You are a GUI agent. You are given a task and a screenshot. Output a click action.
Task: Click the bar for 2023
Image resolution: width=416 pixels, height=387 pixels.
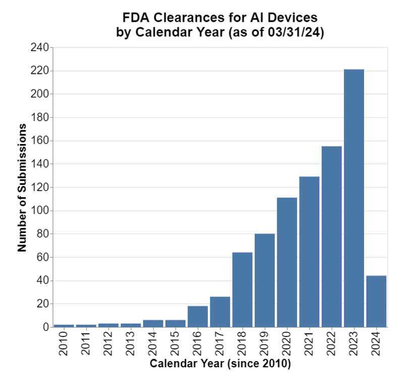coord(354,198)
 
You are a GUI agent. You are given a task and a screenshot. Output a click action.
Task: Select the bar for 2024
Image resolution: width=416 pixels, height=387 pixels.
coord(376,301)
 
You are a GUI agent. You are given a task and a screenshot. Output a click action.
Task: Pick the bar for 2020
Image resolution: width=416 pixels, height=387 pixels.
coord(287,262)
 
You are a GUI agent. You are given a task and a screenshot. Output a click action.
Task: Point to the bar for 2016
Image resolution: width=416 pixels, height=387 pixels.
coord(198,316)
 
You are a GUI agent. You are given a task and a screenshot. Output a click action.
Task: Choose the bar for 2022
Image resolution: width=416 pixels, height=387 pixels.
coord(331,236)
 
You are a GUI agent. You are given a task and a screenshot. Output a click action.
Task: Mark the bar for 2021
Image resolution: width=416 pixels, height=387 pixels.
coord(309,252)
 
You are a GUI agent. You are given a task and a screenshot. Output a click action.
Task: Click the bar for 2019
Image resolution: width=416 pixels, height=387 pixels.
coord(265,280)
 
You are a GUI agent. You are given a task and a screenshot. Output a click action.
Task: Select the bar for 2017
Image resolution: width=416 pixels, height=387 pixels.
coord(220,312)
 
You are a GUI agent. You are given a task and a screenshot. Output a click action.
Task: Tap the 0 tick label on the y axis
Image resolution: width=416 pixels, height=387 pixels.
coord(45,327)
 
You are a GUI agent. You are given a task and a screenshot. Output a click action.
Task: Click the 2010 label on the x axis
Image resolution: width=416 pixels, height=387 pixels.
coord(64,344)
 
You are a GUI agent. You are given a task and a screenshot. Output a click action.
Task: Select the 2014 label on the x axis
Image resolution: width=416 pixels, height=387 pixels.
coord(153,344)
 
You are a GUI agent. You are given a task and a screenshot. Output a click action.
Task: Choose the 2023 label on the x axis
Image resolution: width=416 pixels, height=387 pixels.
coord(354,344)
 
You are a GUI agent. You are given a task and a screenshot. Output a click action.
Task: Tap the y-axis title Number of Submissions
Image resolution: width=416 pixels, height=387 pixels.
coord(22,187)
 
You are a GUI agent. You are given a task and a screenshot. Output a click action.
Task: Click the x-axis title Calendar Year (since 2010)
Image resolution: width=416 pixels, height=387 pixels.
coord(220,364)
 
